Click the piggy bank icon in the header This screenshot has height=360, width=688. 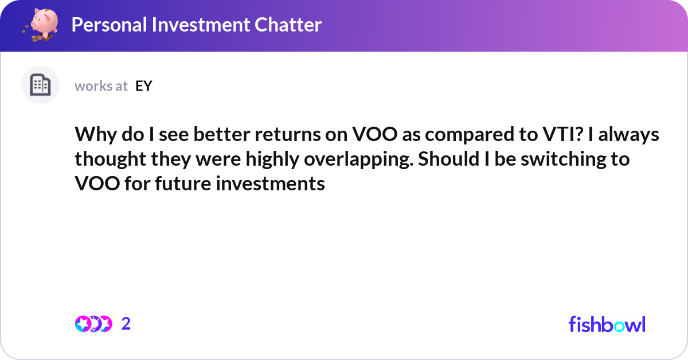click(x=40, y=25)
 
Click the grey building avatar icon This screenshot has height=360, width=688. click(x=40, y=85)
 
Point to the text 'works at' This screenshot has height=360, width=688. click(x=101, y=86)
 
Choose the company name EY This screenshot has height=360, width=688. click(x=144, y=86)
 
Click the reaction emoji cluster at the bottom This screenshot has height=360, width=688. click(x=93, y=324)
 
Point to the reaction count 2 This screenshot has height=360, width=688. click(x=126, y=324)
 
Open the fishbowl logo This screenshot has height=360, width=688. click(x=607, y=324)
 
